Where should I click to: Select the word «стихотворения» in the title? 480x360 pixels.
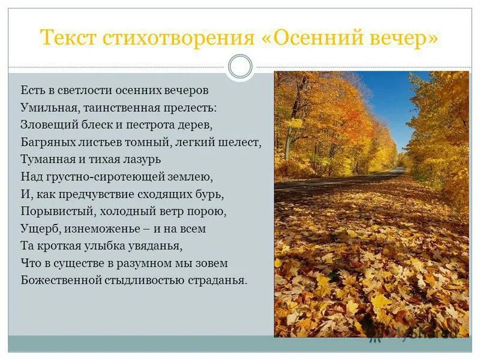point(178,39)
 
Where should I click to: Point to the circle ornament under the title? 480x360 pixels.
point(241,67)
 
